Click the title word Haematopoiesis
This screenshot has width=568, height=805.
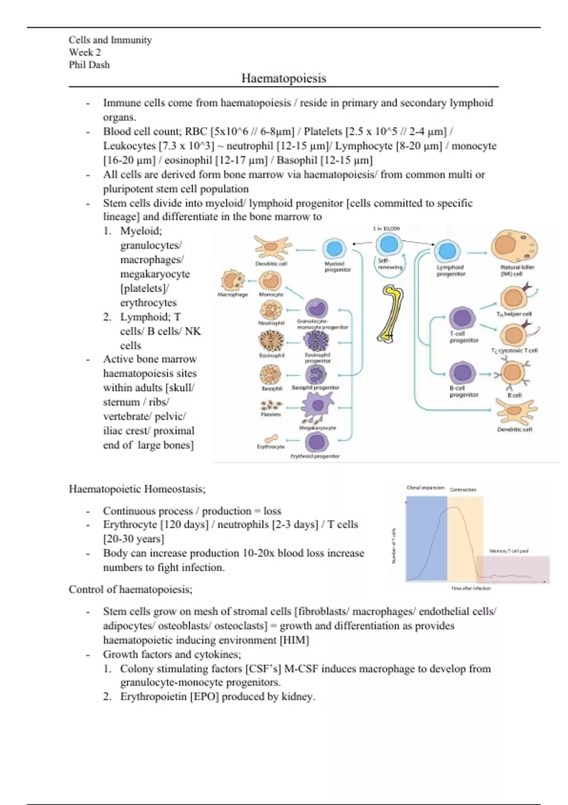(284, 78)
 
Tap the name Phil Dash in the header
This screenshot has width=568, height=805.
(89, 65)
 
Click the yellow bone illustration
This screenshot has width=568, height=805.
(391, 313)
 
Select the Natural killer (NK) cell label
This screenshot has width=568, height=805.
(517, 270)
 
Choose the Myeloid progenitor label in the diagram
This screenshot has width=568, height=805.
(337, 267)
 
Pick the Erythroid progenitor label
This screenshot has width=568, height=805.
(315, 456)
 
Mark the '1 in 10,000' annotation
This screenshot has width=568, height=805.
(386, 229)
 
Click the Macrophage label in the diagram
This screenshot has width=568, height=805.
(232, 295)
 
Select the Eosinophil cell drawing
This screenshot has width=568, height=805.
(271, 341)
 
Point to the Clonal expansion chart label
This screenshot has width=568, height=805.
(426, 488)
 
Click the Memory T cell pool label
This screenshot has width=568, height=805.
(509, 551)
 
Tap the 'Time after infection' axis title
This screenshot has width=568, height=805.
(471, 589)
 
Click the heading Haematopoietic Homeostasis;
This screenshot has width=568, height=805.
(137, 489)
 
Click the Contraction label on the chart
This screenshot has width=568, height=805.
(463, 490)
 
